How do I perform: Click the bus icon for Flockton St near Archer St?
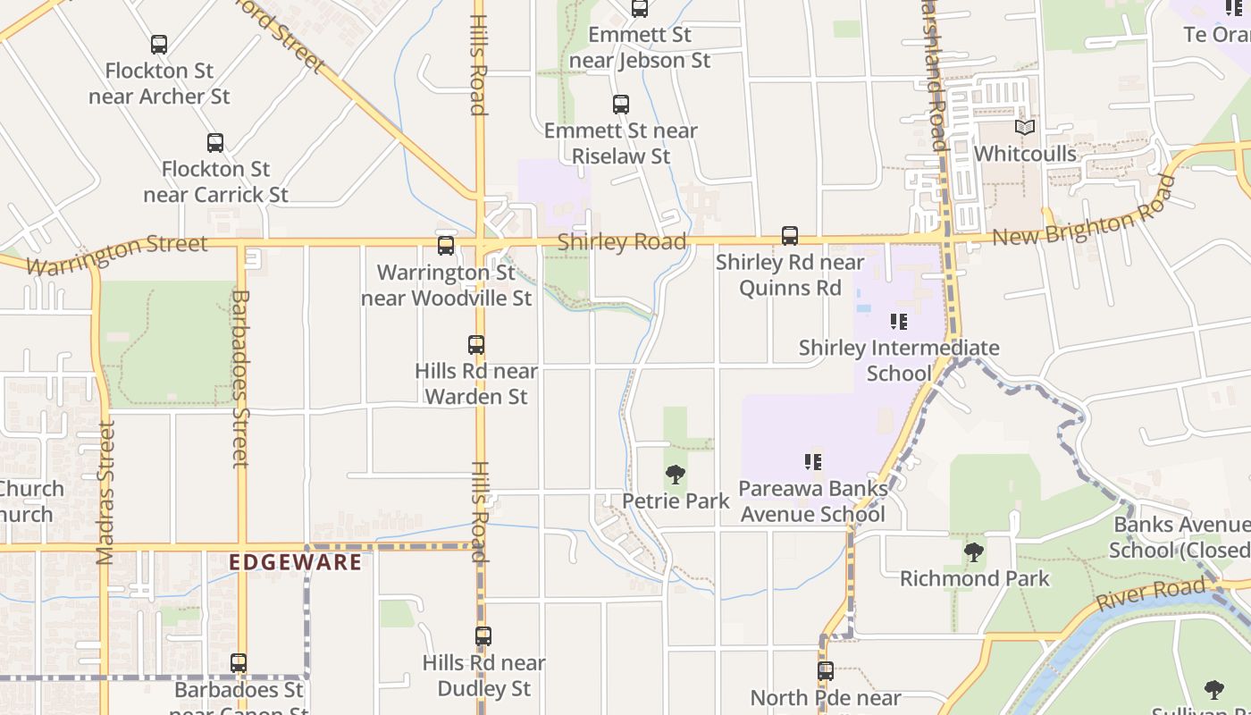(159, 44)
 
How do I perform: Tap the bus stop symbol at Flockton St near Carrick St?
(215, 142)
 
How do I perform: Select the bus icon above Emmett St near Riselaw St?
(621, 104)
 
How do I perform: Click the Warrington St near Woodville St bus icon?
(446, 245)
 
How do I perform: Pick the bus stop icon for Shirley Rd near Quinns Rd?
(790, 235)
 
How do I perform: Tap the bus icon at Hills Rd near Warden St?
(476, 344)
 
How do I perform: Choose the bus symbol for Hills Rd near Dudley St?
(483, 636)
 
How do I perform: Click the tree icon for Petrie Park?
(676, 475)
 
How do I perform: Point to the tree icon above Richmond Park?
(974, 552)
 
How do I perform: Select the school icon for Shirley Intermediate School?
(899, 321)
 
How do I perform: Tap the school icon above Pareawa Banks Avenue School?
(813, 462)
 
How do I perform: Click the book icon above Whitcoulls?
(1025, 128)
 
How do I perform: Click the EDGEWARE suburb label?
(296, 562)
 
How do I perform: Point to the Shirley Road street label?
(622, 242)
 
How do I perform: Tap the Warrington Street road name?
(117, 254)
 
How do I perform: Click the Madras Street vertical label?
(105, 492)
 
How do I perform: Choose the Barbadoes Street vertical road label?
(239, 378)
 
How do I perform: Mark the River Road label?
(1152, 594)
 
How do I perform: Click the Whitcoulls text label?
(1025, 154)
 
